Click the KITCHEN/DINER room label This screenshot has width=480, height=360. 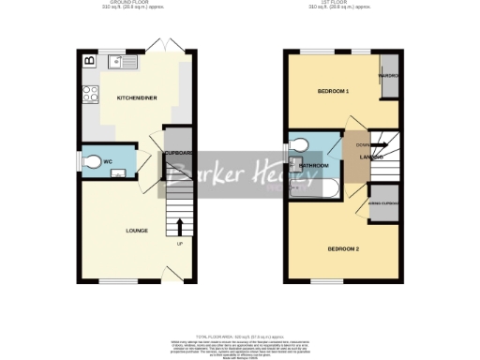129,97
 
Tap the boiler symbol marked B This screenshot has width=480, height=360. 89,61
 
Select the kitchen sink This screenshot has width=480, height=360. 122,63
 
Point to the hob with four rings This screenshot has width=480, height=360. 91,94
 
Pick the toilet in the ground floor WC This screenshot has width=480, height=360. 92,163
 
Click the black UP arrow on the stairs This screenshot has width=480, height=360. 179,226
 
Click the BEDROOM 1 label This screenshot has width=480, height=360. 333,91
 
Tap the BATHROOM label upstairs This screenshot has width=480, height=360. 314,165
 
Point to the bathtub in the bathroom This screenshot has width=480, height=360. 314,187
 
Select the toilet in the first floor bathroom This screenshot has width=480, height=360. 301,144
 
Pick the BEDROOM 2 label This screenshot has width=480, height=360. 343,248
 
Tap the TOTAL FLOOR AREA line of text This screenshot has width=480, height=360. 239,336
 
